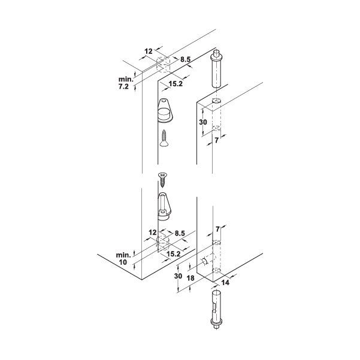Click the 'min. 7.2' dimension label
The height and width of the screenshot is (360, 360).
(x=126, y=83)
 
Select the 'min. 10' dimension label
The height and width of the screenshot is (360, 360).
(x=123, y=259)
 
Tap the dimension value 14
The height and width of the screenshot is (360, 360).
(x=225, y=283)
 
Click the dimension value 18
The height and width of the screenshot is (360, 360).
(x=190, y=278)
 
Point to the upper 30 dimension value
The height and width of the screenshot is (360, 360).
(x=203, y=122)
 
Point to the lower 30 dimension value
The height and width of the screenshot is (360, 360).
(x=178, y=276)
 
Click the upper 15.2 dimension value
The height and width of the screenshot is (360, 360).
(x=176, y=84)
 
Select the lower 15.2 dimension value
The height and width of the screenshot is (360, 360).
(x=173, y=254)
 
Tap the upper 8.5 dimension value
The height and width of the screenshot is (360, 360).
(x=185, y=59)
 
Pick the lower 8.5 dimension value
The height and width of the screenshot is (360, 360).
(x=180, y=233)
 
